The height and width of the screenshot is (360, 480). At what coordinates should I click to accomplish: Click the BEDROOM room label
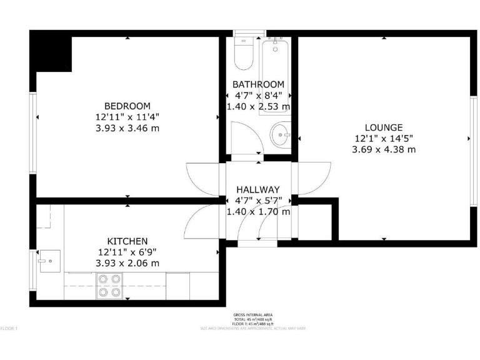[127, 106]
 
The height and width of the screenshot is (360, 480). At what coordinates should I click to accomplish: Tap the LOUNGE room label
[383, 127]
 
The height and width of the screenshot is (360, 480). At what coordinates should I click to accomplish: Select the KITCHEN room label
[127, 241]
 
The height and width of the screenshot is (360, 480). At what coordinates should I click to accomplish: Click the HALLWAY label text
[257, 190]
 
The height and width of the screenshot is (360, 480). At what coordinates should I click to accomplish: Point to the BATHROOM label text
[258, 84]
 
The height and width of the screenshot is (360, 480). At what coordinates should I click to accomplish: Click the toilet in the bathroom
[242, 54]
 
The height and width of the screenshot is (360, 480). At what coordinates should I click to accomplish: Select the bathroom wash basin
[281, 133]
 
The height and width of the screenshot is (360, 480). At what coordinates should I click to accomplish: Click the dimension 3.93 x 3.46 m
[127, 127]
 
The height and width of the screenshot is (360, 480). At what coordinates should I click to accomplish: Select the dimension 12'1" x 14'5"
[383, 138]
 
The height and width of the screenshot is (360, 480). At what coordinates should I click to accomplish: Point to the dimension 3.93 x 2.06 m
[127, 263]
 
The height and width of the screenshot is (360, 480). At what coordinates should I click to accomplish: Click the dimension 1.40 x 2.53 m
[258, 106]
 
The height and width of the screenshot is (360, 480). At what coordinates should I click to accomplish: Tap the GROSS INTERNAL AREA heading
[252, 314]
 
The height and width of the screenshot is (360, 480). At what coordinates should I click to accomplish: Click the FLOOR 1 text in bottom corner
[9, 328]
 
